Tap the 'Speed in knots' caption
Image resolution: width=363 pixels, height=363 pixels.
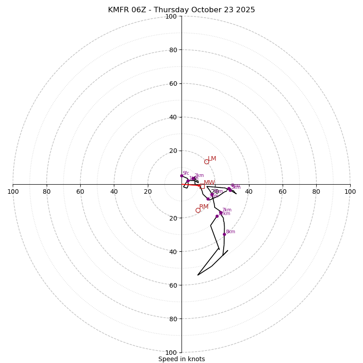click(x=181, y=359)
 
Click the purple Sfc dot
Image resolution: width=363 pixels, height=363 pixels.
click(x=181, y=176)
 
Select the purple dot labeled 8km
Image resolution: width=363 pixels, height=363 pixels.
click(x=224, y=235)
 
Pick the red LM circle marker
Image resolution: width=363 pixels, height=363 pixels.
click(x=206, y=162)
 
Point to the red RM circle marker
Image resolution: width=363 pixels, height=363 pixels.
click(x=198, y=210)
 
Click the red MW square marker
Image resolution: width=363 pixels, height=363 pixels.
click(x=202, y=186)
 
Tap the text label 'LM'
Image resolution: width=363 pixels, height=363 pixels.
click(x=212, y=159)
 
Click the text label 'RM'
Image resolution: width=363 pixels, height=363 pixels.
click(x=204, y=207)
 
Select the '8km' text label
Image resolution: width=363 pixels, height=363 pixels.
click(x=231, y=232)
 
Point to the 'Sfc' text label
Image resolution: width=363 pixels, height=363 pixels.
click(x=186, y=173)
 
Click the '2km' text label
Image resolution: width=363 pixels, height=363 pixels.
click(x=199, y=176)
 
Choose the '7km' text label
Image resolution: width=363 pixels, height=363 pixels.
click(x=226, y=210)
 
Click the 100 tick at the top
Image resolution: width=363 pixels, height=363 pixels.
click(x=171, y=16)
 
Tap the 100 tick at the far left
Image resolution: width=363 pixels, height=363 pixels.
click(x=13, y=191)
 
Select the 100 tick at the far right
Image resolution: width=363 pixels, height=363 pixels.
click(x=350, y=191)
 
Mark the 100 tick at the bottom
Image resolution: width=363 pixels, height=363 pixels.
click(x=171, y=352)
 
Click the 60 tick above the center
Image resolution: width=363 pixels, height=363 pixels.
click(x=173, y=83)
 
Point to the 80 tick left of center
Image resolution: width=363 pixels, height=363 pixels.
click(x=47, y=191)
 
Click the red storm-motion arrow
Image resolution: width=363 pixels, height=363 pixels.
click(x=191, y=185)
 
